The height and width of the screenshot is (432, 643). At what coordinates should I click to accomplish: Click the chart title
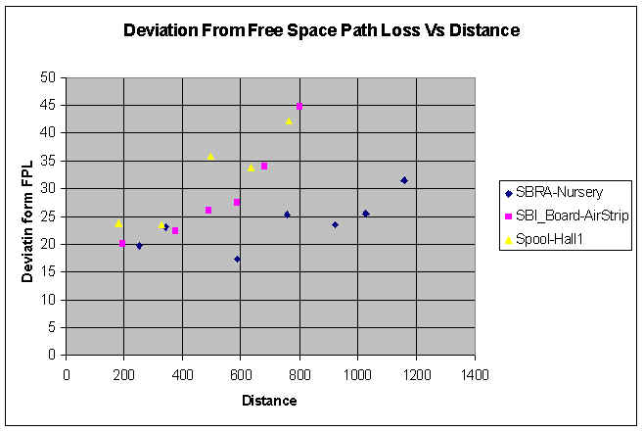tap(321, 30)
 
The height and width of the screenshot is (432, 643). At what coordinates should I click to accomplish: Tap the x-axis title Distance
tap(269, 400)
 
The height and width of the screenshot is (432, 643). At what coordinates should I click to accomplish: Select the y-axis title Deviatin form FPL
tap(27, 216)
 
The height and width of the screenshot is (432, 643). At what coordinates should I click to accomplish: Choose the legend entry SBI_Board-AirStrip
tap(569, 216)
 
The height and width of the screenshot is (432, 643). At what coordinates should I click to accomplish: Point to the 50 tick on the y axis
tap(48, 76)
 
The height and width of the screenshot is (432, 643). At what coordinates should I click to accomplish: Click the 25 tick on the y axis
tap(48, 216)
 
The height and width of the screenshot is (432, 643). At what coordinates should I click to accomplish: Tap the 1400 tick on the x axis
tap(475, 373)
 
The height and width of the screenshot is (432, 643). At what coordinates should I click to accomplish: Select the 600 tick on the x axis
tap(241, 373)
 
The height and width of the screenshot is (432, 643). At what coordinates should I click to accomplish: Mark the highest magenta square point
tap(299, 106)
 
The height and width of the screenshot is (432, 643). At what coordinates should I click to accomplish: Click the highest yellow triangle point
tap(289, 121)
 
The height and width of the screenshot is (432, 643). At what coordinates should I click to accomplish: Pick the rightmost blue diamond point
tap(404, 180)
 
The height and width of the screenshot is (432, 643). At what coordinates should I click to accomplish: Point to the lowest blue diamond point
tap(237, 260)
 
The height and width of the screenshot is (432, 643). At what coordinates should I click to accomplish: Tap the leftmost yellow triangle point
tap(118, 222)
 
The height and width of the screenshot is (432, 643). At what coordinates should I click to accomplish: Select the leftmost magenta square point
tap(122, 243)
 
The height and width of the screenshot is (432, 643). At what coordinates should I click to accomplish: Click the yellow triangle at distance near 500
tap(210, 156)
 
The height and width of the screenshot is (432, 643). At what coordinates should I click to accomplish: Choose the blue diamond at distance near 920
tap(335, 225)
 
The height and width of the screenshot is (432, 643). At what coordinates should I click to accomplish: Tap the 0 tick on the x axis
tap(67, 373)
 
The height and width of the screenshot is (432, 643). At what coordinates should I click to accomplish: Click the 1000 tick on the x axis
tap(358, 373)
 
